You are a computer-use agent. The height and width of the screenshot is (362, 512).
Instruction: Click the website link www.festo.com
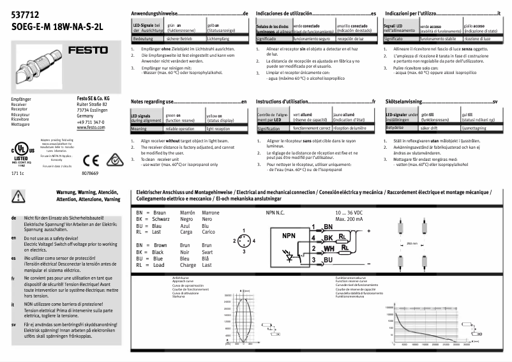(89, 128)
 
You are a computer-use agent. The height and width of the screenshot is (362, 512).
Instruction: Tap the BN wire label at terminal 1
(328, 227)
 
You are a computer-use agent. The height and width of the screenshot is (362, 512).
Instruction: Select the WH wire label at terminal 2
(329, 248)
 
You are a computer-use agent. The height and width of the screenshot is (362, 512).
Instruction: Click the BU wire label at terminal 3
(328, 260)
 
